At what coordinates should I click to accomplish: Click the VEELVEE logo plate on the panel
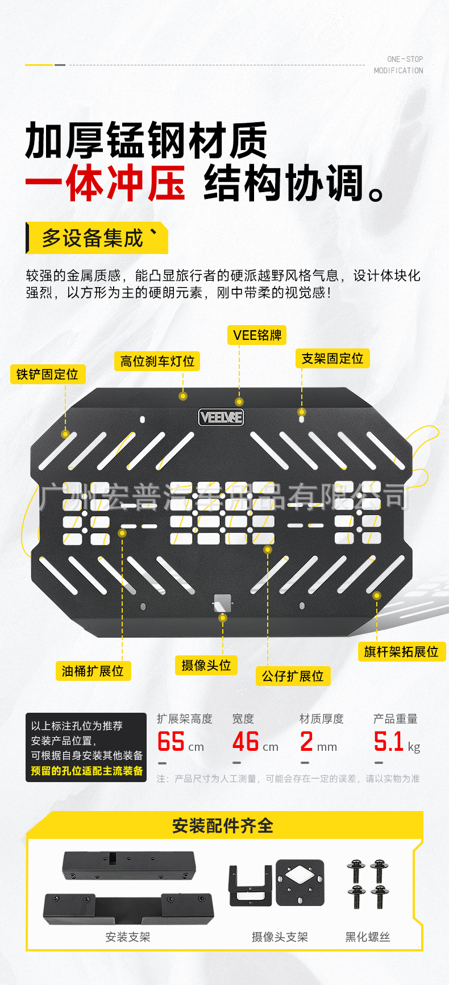(x=221, y=418)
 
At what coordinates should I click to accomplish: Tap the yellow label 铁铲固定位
(x=47, y=375)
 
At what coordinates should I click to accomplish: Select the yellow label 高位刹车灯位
(x=157, y=361)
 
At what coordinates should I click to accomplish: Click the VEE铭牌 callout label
(x=257, y=335)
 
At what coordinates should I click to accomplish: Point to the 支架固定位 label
(x=332, y=359)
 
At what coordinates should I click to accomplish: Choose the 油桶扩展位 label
(x=93, y=671)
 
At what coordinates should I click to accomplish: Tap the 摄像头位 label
(x=206, y=666)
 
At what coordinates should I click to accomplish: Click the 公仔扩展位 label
(x=293, y=676)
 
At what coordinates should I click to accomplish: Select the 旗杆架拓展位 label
(x=401, y=652)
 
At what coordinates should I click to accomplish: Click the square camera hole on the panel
(x=222, y=602)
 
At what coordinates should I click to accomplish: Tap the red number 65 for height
(x=171, y=742)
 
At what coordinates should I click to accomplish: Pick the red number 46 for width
(x=246, y=742)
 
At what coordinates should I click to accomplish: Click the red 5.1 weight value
(x=388, y=742)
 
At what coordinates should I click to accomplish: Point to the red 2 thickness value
(x=306, y=742)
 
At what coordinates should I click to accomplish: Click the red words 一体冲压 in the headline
(x=106, y=184)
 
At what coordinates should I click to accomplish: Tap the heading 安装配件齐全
(x=223, y=826)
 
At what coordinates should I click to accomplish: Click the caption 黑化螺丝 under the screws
(x=368, y=937)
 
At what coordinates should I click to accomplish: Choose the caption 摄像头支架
(x=280, y=937)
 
